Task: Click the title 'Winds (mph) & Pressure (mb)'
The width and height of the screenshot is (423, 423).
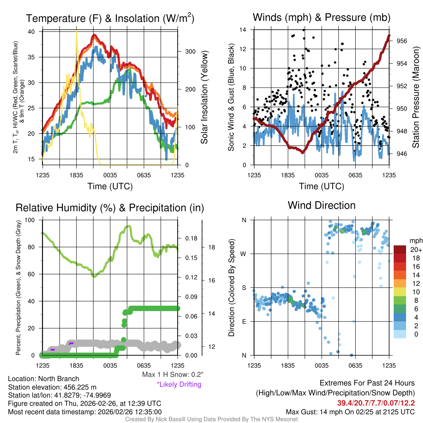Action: pos(321,18)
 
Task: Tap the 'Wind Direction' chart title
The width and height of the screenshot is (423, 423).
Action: pos(321,205)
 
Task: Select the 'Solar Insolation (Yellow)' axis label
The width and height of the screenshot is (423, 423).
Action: pos(204,97)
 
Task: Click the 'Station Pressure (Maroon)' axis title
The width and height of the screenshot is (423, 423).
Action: pos(416,97)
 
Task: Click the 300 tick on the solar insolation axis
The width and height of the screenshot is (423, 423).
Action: pos(190,52)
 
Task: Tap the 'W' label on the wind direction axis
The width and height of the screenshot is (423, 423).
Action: pos(244,254)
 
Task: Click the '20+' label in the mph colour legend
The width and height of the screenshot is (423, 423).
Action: pos(416,250)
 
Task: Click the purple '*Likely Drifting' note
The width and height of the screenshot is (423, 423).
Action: pos(179,384)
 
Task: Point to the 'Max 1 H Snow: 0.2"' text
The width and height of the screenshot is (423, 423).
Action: pos(172,375)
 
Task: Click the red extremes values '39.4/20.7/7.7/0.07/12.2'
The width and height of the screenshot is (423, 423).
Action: pos(376,403)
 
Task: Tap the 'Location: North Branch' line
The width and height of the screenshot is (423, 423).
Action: pos(43,378)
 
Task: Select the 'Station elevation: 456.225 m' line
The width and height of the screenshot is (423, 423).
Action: pos(52,387)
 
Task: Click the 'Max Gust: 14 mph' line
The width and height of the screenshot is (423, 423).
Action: pos(350,412)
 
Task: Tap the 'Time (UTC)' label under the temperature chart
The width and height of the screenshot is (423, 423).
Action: pos(110,186)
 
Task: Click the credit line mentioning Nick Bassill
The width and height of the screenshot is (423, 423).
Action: pos(211,419)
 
